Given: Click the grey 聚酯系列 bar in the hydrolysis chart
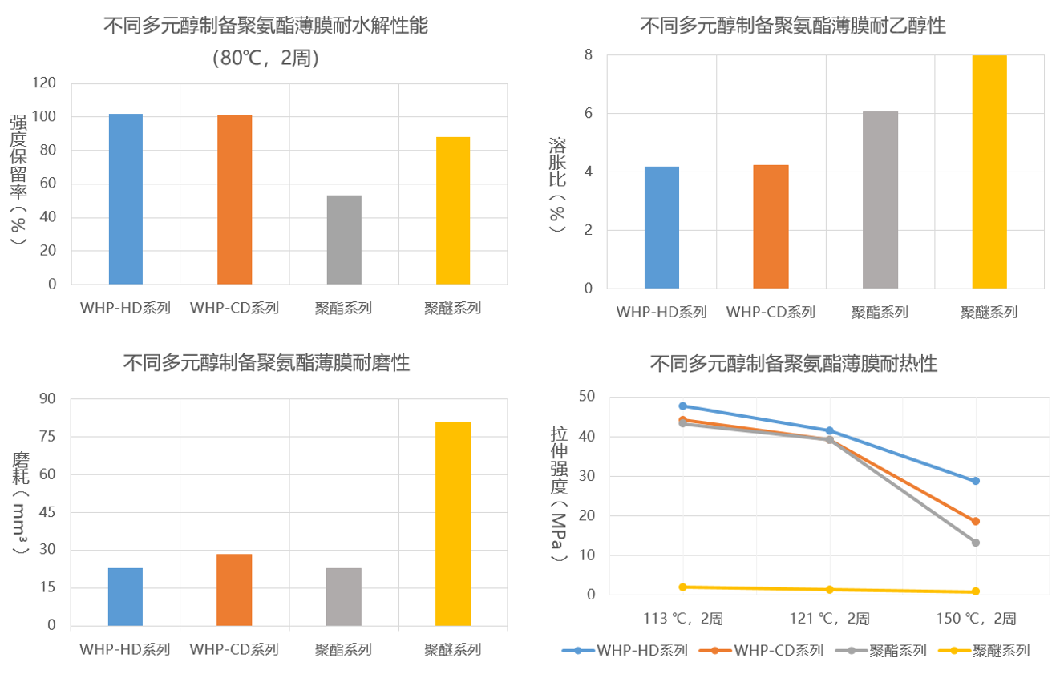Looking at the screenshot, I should coord(344,240).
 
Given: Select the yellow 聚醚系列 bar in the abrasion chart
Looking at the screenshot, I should coord(453,523).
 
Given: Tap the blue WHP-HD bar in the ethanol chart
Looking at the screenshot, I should coord(661,228).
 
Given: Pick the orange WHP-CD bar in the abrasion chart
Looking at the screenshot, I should coord(234,589).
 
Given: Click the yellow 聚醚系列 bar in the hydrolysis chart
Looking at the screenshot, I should coord(453,211).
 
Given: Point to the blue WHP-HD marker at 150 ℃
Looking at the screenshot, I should coord(976,481).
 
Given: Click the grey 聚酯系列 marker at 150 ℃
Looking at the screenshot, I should coord(976,543).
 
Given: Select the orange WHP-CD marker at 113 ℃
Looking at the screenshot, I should coord(683,420).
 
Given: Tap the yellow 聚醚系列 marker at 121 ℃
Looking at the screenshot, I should coord(830,590).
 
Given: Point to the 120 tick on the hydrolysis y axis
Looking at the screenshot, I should coord(47,83).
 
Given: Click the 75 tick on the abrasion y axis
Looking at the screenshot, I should coord(49,437).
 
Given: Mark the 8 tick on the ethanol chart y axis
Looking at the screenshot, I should coord(588,55).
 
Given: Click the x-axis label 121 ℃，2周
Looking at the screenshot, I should coord(829,619).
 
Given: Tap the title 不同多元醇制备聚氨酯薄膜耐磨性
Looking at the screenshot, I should coord(266,363).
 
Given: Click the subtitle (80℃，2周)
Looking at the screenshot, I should coord(266,58).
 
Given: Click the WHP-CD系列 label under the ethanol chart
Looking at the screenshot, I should coord(771,312).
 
